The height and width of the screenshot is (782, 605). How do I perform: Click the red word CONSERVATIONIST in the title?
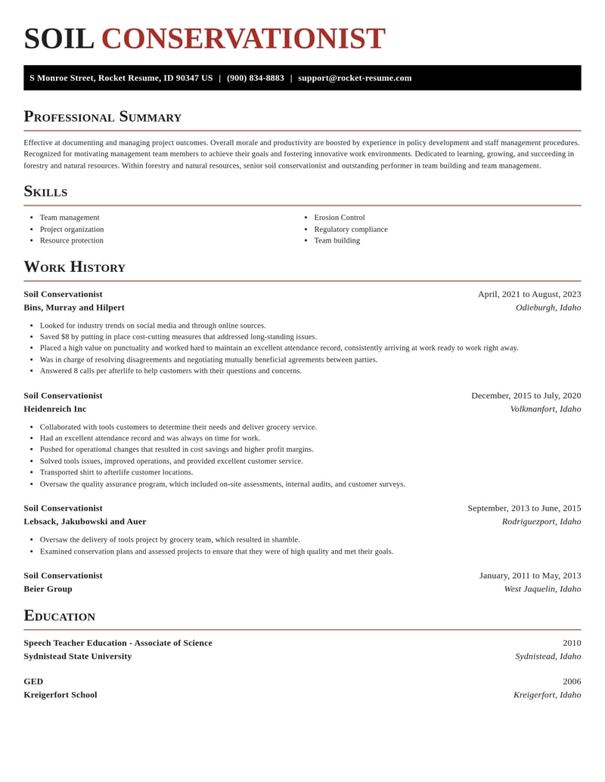pos(243,39)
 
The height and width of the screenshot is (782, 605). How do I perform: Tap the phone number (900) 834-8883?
pos(256,78)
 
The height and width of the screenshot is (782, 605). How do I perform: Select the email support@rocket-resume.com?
pos(355,78)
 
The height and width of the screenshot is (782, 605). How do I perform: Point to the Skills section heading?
pos(45,191)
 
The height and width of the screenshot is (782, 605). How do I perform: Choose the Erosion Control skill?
pos(340,218)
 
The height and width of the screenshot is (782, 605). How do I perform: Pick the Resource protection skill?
pos(72,240)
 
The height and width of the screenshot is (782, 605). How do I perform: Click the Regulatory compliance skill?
pos(351,229)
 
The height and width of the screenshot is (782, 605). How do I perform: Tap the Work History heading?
pos(74,267)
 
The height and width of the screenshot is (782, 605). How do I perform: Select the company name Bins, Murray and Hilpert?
pos(74,308)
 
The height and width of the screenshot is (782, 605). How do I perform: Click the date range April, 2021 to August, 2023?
pos(529,294)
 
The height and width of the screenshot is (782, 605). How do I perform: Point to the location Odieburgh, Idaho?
pos(548,308)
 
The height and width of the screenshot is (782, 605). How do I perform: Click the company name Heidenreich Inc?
pos(55,409)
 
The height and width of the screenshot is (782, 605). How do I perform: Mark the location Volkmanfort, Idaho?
pos(545,409)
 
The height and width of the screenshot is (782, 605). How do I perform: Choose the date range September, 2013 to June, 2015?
pos(524,508)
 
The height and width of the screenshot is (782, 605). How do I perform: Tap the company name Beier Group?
pos(48,589)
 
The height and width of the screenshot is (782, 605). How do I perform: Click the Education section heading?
pos(60,616)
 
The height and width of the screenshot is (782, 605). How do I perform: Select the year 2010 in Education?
pos(572,643)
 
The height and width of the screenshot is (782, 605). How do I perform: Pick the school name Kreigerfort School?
pos(60,694)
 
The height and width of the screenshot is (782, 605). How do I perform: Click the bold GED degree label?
pos(33,682)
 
